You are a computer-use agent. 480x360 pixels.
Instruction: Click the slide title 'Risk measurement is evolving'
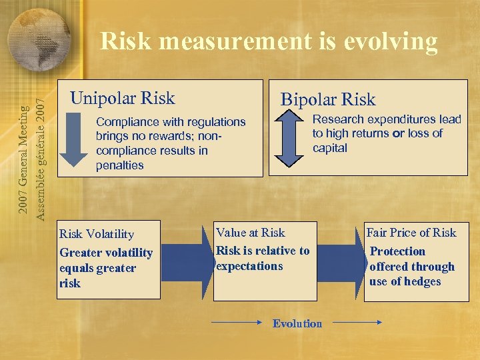pos(269,42)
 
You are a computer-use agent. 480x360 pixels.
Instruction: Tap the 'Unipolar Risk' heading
pos(123,99)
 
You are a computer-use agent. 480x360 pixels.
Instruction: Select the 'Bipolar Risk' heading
pos(327,100)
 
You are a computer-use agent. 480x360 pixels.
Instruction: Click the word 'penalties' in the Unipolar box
pos(119,165)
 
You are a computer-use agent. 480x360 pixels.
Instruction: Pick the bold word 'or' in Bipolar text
pos(399,133)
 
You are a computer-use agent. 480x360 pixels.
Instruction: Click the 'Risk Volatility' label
pos(97,234)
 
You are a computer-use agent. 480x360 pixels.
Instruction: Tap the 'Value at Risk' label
pos(250,233)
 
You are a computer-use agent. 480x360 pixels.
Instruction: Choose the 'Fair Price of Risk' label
pos(411,233)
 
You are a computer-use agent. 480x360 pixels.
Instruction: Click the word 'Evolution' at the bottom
pos(297,323)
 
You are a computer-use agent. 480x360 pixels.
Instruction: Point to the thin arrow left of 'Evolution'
pos(236,323)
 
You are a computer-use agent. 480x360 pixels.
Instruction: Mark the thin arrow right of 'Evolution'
pos(357,323)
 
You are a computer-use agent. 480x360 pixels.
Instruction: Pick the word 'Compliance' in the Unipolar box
pos(127,122)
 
